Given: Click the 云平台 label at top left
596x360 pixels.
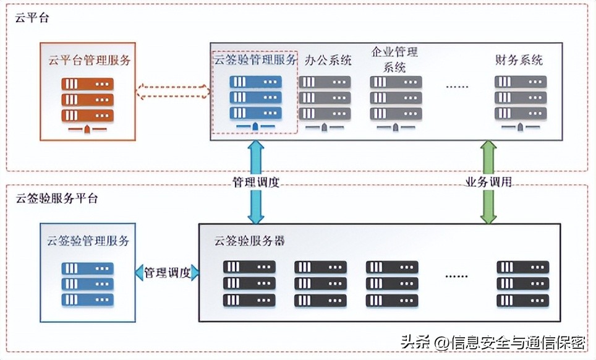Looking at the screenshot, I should click(32, 18).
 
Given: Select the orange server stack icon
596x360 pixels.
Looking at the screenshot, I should click(88, 100).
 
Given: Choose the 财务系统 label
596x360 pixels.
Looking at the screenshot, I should click(519, 60).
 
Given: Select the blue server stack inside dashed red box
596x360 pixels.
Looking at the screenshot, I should click(255, 97).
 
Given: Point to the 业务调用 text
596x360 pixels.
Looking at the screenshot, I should click(488, 182).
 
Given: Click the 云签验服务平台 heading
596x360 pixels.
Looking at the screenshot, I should click(56, 199).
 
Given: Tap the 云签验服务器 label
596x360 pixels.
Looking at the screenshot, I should click(250, 241).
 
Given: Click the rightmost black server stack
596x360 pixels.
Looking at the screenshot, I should click(523, 283).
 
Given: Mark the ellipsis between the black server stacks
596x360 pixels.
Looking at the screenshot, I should click(458, 275).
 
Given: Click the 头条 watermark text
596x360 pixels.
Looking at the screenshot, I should click(414, 342).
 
